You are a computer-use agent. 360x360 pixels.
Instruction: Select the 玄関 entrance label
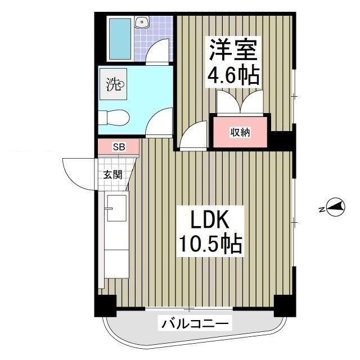tap(112, 174)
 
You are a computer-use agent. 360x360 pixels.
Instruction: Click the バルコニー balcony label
tap(195, 324)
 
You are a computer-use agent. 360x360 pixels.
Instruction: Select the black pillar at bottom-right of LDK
tap(284, 305)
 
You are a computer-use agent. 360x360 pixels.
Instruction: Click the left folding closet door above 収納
tap(228, 103)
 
